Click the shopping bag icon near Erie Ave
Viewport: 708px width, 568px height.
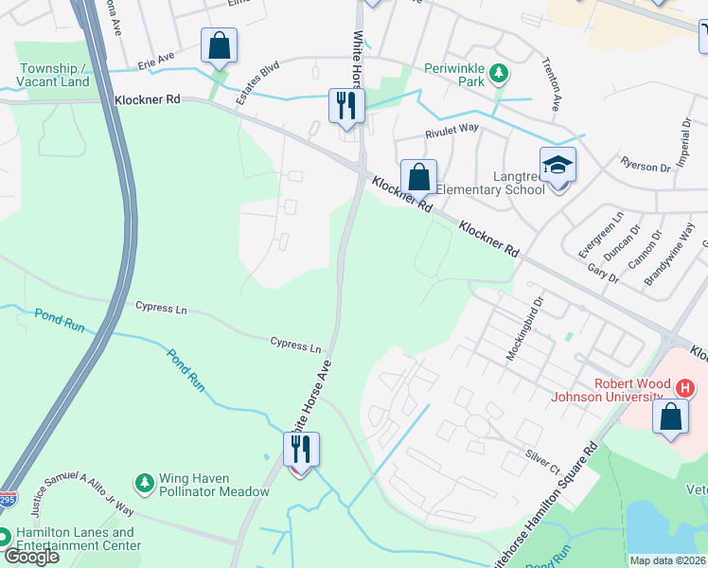tap(219, 45)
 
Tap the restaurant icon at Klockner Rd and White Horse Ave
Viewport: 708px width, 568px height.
tap(346, 105)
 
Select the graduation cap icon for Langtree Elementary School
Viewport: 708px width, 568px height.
tap(558, 166)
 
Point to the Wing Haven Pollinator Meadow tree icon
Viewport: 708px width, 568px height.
tap(144, 483)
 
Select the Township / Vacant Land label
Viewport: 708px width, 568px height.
tap(55, 75)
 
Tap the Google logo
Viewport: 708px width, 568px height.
tap(30, 557)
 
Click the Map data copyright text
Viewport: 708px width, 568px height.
tap(667, 560)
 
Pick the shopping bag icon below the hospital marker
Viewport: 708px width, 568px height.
tap(671, 419)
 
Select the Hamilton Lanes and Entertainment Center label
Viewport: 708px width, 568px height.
tap(80, 539)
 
